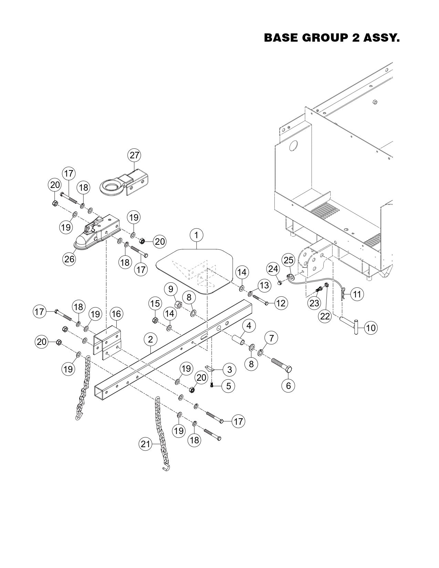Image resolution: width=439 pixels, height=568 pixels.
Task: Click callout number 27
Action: coord(134,155)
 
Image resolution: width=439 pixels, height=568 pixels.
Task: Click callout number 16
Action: coord(116,314)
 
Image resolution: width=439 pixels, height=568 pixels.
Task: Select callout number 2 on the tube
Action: coord(150,339)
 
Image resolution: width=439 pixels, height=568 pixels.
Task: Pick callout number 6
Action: coord(288,386)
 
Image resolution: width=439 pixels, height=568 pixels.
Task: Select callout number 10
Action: coord(370,328)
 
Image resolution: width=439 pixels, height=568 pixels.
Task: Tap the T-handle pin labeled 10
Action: coord(351,324)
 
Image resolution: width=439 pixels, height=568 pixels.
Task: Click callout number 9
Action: coord(170,289)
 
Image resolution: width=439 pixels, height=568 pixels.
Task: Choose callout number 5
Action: coord(228,386)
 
